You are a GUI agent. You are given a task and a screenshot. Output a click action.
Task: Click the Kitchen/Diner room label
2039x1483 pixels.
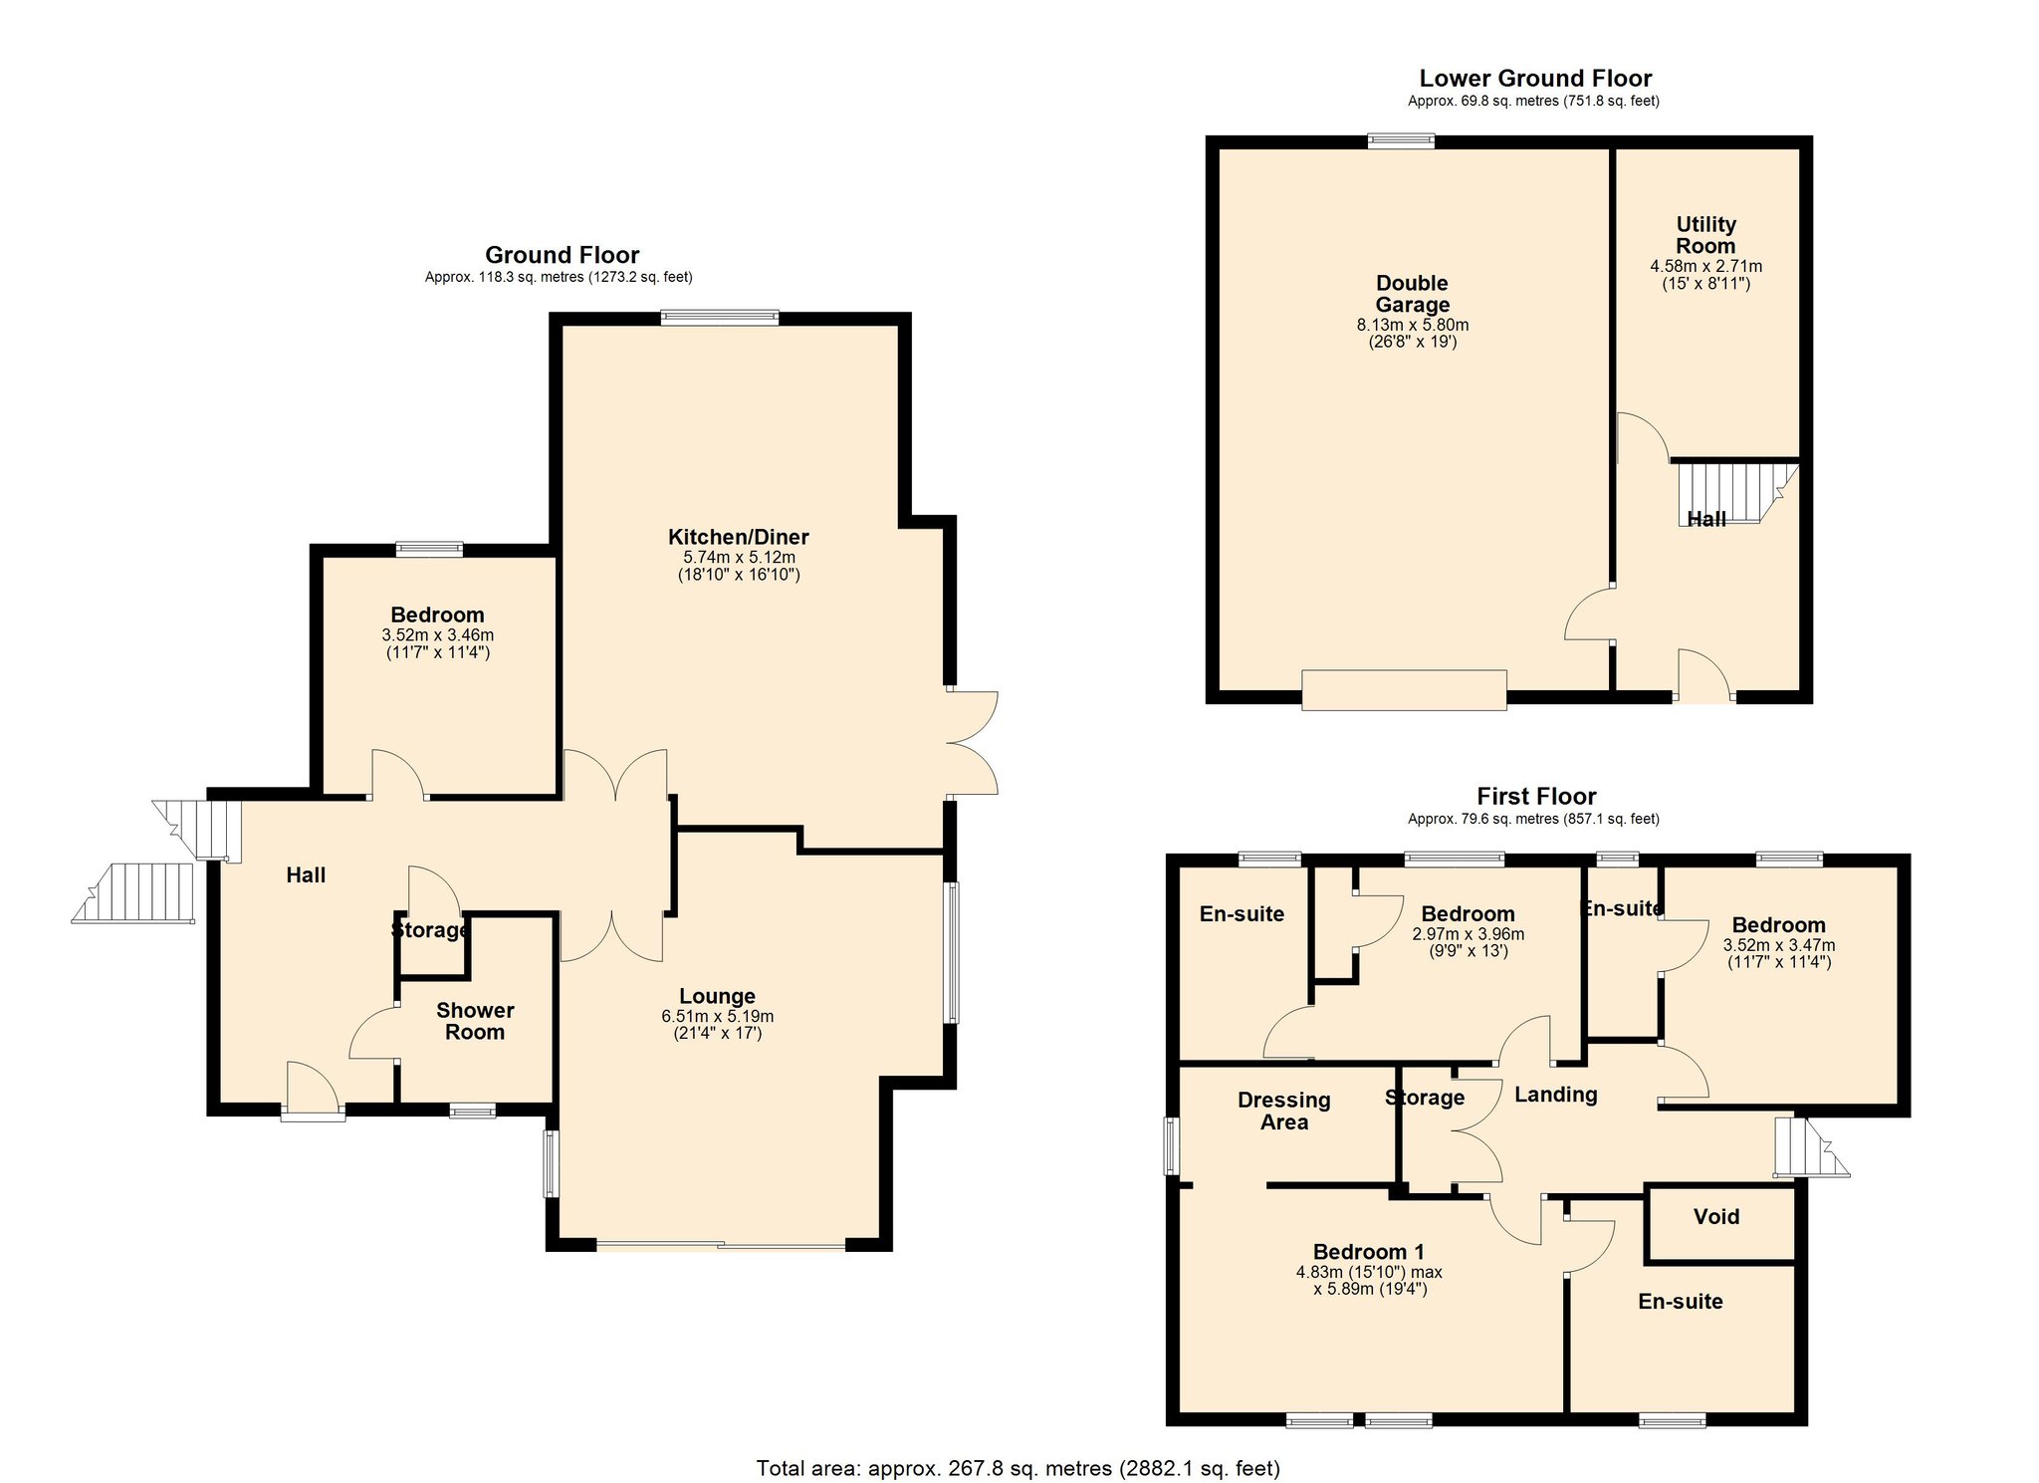click(x=738, y=537)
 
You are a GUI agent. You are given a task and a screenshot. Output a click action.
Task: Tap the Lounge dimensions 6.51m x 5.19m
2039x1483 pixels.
click(x=717, y=1016)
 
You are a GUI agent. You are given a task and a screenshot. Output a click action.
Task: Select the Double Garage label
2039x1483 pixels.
click(x=1412, y=294)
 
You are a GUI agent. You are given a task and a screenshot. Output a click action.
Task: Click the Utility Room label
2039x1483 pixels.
click(x=1705, y=235)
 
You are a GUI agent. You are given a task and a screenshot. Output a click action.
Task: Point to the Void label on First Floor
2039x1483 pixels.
click(x=1716, y=1216)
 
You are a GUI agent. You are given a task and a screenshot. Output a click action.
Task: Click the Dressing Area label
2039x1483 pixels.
click(x=1283, y=1111)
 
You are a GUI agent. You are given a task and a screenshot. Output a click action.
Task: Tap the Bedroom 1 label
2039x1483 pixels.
click(x=1368, y=1252)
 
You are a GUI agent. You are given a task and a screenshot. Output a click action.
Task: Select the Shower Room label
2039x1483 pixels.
click(x=475, y=1021)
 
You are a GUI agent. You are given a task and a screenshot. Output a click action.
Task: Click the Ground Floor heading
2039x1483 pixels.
click(x=562, y=255)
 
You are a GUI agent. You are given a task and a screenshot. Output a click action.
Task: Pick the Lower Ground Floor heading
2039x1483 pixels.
click(x=1534, y=79)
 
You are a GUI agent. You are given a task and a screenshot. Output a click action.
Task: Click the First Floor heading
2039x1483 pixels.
click(x=1535, y=797)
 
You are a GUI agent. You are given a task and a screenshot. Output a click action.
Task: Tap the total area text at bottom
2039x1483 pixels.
click(x=1018, y=1468)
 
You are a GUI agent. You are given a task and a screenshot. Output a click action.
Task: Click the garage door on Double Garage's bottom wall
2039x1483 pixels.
click(x=1404, y=690)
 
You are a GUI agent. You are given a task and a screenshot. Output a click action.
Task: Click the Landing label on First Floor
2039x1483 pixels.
click(x=1555, y=1095)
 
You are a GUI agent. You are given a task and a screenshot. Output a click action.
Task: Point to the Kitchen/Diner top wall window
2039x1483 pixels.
click(x=720, y=318)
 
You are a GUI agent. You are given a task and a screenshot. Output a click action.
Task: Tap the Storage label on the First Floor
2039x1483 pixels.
click(x=1424, y=1098)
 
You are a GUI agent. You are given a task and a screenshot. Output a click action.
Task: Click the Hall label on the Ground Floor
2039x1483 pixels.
click(x=306, y=874)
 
